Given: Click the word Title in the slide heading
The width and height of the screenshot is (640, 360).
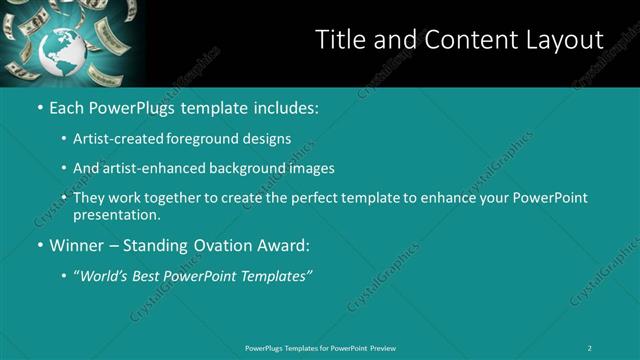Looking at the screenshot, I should pyautogui.click(x=340, y=40).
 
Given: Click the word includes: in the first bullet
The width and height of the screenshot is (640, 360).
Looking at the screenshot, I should pyautogui.click(x=283, y=107).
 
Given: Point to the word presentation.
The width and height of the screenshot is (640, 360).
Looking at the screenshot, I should pyautogui.click(x=116, y=214).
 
